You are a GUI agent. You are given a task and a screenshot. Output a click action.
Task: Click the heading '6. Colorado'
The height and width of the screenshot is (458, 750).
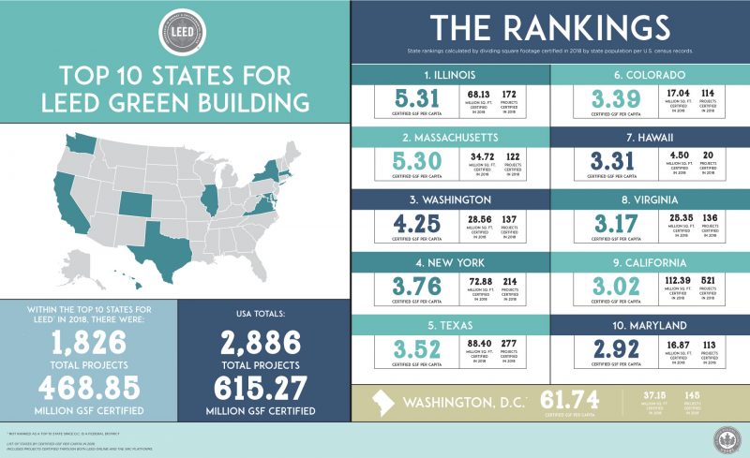651,74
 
